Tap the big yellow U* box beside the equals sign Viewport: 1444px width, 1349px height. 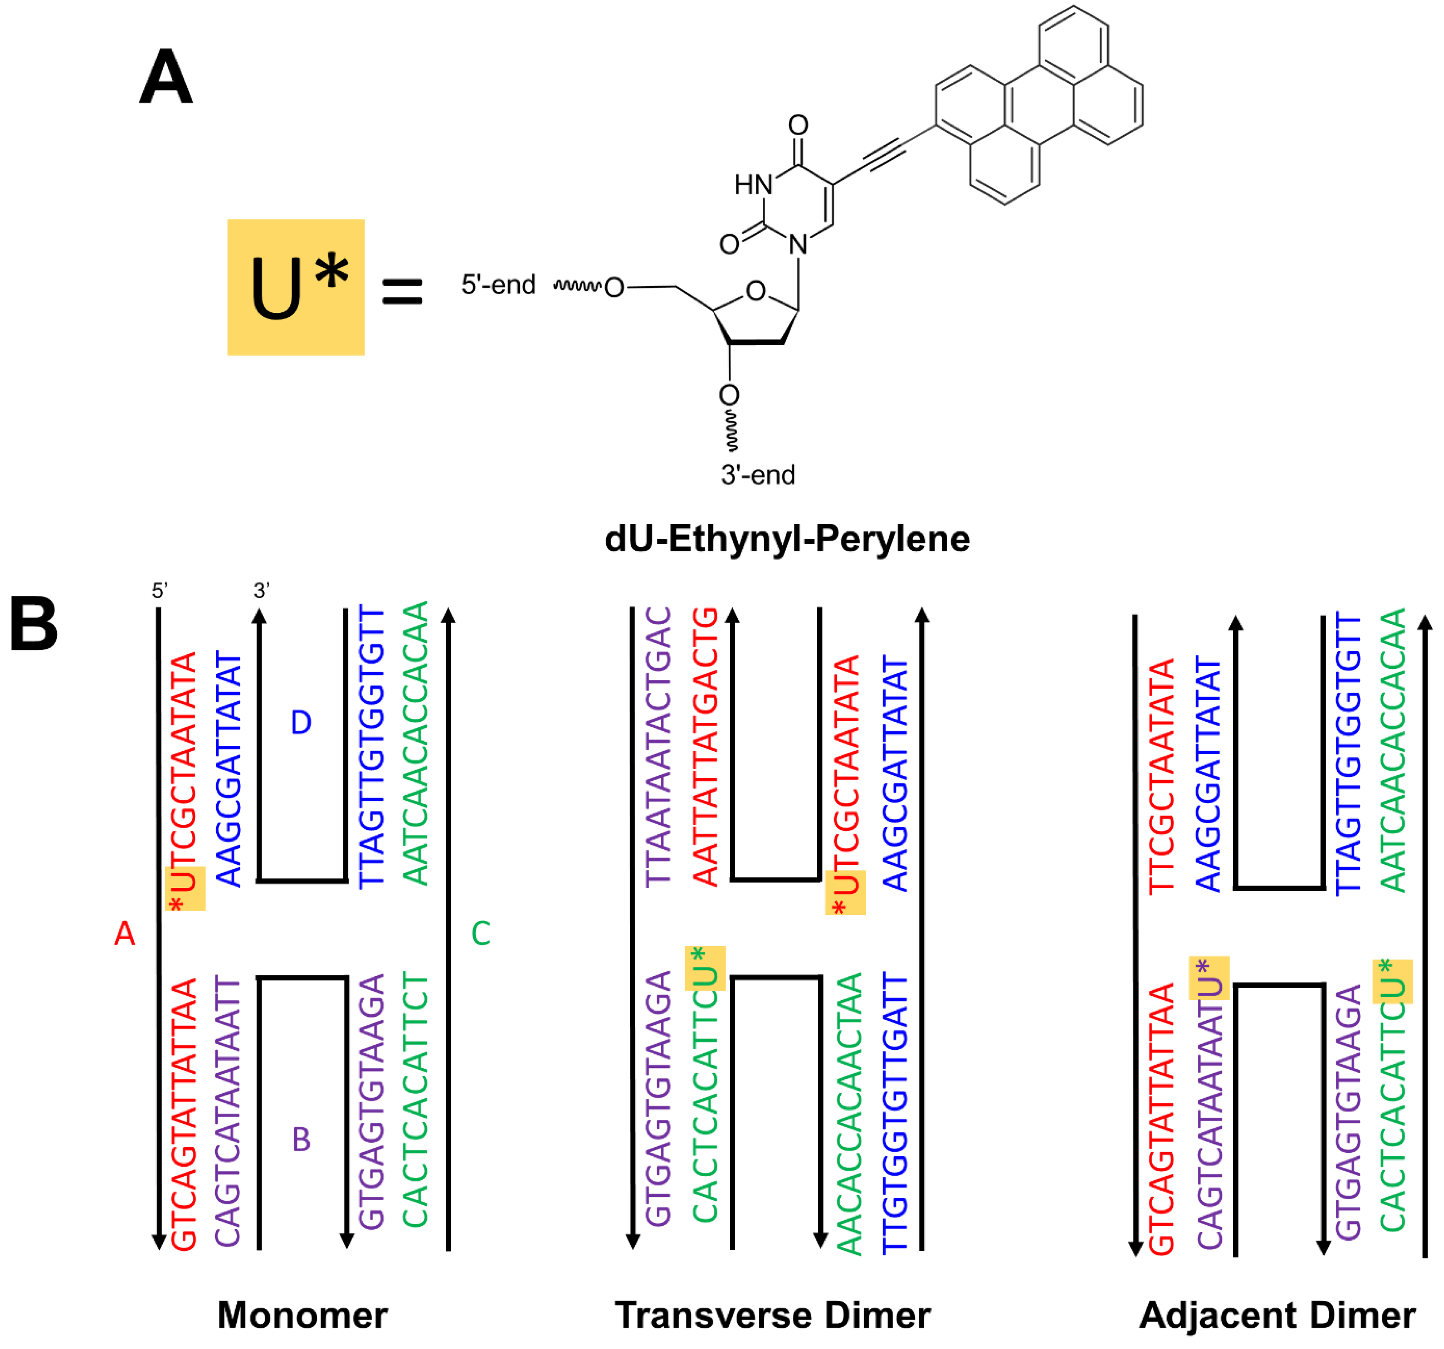tap(296, 287)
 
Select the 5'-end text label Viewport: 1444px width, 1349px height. tap(498, 285)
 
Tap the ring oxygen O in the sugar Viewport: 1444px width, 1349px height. tap(755, 291)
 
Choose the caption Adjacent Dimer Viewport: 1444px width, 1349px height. tap(1277, 1315)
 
